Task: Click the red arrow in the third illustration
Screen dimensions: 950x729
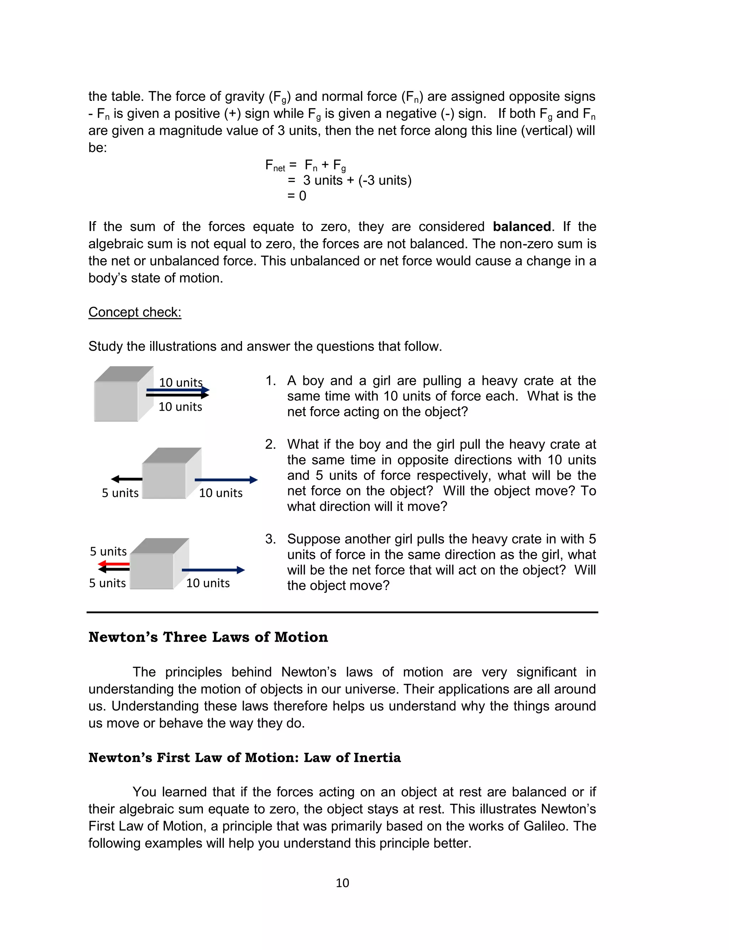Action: tap(114, 564)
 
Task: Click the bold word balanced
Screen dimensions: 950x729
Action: tap(521, 226)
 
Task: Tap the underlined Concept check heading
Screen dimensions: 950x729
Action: tap(135, 312)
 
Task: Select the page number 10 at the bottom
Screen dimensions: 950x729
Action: tap(342, 883)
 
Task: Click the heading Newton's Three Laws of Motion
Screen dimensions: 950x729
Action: tap(208, 637)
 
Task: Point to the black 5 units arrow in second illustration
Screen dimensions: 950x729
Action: tap(127, 479)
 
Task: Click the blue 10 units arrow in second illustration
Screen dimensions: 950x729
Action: tap(226, 480)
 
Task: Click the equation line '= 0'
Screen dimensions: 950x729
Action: tap(297, 196)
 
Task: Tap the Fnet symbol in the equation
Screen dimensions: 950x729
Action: tap(275, 165)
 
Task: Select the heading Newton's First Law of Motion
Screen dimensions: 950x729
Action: tap(244, 757)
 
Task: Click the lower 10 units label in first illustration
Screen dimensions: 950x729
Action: tap(180, 407)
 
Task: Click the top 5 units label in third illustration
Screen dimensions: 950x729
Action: tap(108, 551)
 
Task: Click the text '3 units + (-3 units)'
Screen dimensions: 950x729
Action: tap(357, 180)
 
